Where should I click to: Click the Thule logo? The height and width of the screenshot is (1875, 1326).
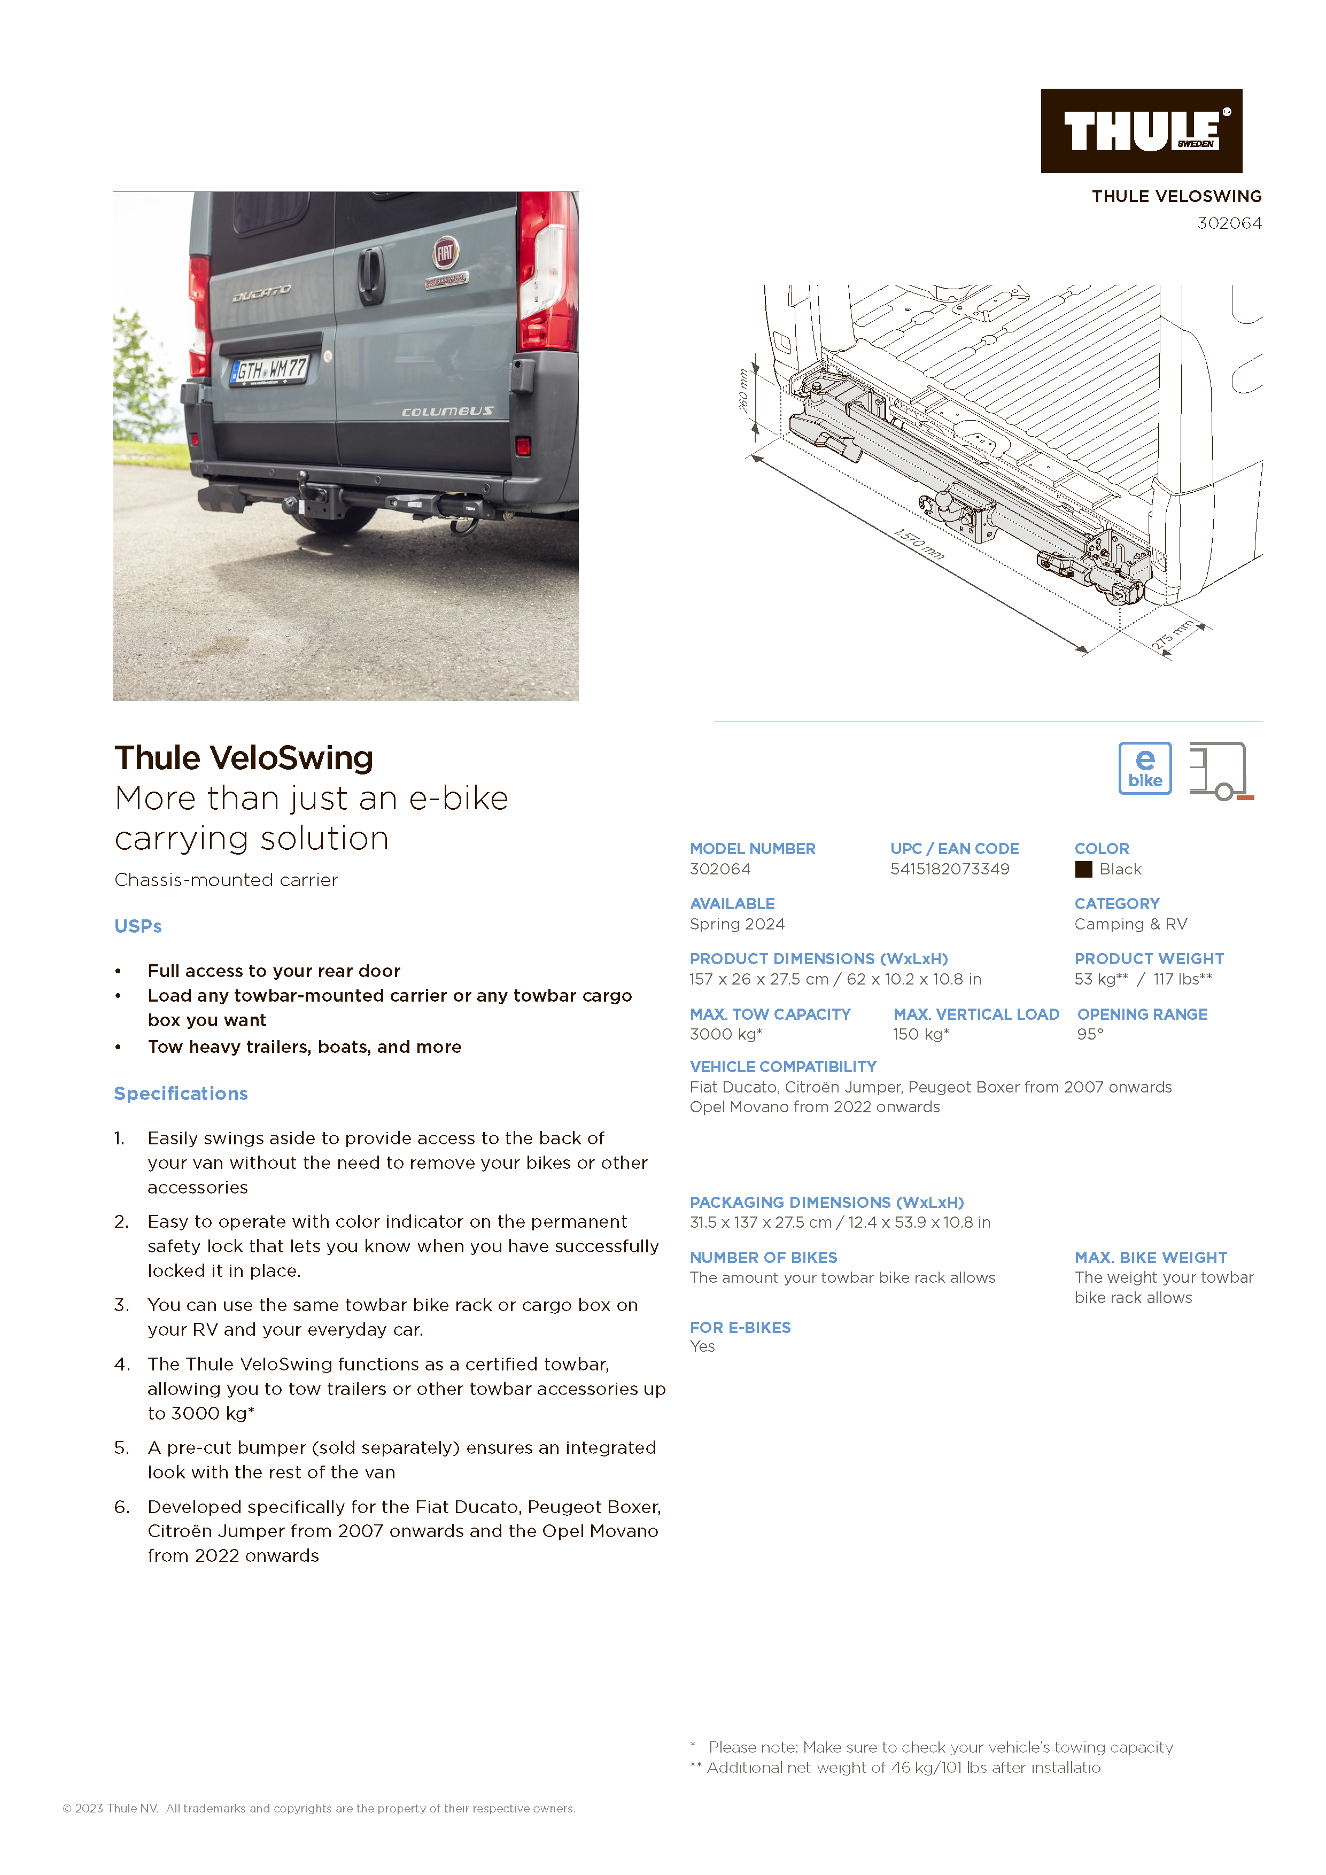[x=1141, y=130]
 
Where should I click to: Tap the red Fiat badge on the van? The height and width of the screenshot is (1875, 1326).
[x=445, y=253]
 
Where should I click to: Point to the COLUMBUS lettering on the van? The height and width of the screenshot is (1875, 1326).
[x=447, y=412]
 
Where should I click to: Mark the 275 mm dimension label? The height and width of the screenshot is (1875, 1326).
[x=1173, y=636]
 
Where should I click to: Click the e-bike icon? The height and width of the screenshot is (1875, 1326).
[x=1145, y=769]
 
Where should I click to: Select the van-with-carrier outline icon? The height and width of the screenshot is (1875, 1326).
[x=1220, y=770]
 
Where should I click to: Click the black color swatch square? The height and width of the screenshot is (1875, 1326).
[x=1083, y=870]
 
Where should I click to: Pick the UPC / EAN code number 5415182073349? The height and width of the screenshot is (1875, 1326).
[x=950, y=870]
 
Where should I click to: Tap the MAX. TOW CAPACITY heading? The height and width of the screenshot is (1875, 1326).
[x=770, y=1014]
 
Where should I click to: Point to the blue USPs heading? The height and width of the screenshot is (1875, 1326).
[x=138, y=927]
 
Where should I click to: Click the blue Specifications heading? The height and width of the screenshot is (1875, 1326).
[x=181, y=1094]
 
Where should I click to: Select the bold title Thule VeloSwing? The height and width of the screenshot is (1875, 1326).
[x=243, y=758]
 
